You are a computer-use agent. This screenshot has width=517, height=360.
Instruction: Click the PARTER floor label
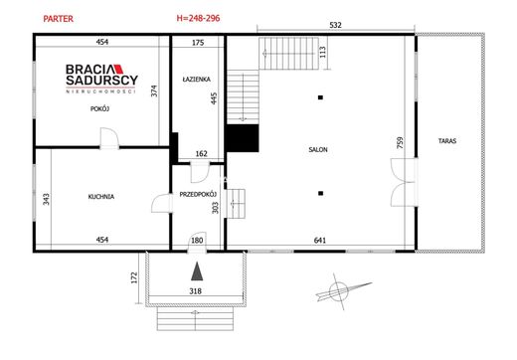tap(59, 19)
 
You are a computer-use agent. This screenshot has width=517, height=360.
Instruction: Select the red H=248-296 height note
tap(198, 18)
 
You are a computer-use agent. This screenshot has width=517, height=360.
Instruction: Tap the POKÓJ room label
tap(99, 108)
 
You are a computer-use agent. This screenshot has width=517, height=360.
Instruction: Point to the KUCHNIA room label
tap(101, 197)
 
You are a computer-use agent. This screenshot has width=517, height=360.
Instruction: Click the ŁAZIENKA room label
tap(196, 80)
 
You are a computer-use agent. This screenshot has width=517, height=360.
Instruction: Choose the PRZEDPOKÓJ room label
tap(198, 195)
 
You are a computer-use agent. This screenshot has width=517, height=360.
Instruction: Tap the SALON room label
tap(318, 150)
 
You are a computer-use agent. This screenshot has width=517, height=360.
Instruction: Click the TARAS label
tap(447, 141)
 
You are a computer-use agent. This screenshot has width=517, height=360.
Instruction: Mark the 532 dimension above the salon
tap(336, 25)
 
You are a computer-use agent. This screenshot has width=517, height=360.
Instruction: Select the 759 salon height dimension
tap(400, 142)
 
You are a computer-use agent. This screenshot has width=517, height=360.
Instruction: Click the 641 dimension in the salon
tap(320, 241)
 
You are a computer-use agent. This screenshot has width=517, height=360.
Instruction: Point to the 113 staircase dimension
tap(323, 52)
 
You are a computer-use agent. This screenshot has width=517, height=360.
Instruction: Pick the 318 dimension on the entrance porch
tap(195, 291)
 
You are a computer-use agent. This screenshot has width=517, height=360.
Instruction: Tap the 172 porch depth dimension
tap(134, 277)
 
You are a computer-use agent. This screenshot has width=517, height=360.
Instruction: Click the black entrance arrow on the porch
tap(197, 271)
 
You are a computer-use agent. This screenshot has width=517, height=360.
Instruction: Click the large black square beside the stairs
tap(243, 138)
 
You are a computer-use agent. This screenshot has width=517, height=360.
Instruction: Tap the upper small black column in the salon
tap(320, 97)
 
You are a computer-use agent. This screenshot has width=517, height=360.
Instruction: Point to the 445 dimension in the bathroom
tap(214, 98)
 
